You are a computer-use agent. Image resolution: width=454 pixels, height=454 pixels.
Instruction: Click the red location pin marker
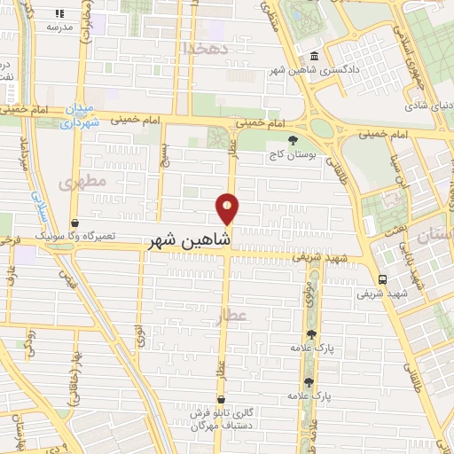[x=228, y=208]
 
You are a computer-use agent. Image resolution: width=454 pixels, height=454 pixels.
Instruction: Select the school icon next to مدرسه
[x=60, y=14]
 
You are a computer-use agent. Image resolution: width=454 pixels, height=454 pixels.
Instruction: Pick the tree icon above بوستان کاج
[x=294, y=138]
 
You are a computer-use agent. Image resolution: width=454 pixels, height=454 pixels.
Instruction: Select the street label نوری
[x=139, y=337]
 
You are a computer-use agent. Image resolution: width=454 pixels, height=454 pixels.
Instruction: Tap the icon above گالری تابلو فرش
[x=219, y=399]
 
